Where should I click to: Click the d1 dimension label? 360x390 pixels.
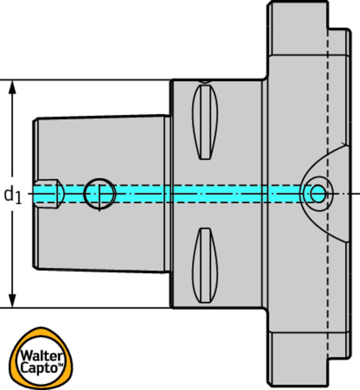tap(13, 195)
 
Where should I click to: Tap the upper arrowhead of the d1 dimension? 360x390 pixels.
tap(13, 87)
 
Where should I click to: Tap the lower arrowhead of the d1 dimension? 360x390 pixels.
tap(13, 300)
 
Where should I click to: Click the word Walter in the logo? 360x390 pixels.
tap(41, 356)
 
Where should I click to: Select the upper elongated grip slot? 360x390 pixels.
tap(205, 122)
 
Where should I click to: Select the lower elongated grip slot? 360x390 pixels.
tap(205, 265)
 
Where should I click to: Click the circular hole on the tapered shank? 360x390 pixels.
tap(99, 194)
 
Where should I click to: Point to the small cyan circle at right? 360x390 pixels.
tap(318, 193)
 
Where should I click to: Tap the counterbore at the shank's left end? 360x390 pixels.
tap(48, 194)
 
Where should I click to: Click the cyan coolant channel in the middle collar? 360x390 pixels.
tap(217, 193)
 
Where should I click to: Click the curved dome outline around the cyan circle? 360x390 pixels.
tap(324, 160)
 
